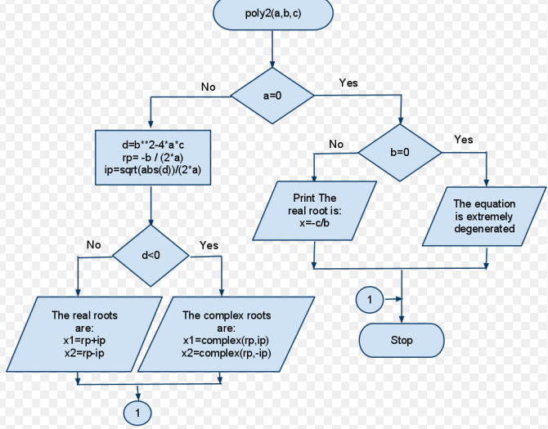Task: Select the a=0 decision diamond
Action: tap(272, 95)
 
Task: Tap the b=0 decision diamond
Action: tap(400, 153)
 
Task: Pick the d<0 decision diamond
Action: tap(150, 256)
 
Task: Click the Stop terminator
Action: tap(402, 340)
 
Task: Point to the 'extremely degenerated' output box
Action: tap(483, 217)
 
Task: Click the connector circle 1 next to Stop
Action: tap(369, 301)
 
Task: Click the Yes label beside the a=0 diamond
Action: tap(348, 83)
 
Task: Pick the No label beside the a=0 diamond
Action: tap(209, 87)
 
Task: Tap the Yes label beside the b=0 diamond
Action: tap(463, 140)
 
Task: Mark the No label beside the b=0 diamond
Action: tap(336, 145)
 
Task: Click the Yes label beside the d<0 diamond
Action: tap(209, 245)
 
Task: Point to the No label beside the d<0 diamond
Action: tap(93, 245)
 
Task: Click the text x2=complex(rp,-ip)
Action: tap(226, 353)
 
